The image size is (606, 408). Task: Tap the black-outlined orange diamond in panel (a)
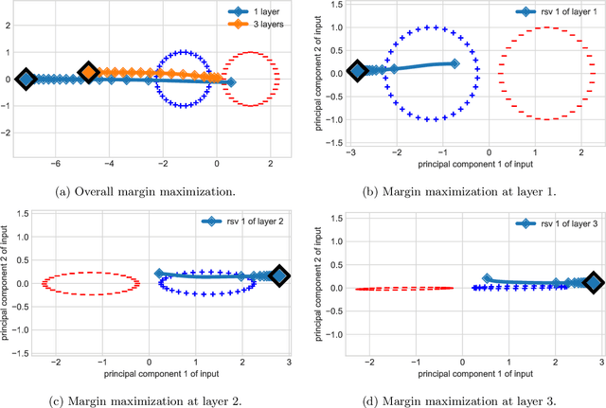(x=88, y=72)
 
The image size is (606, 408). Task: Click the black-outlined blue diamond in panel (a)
(x=27, y=80)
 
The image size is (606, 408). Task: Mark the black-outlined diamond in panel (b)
(x=357, y=70)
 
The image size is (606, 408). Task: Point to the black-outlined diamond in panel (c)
(x=279, y=276)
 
